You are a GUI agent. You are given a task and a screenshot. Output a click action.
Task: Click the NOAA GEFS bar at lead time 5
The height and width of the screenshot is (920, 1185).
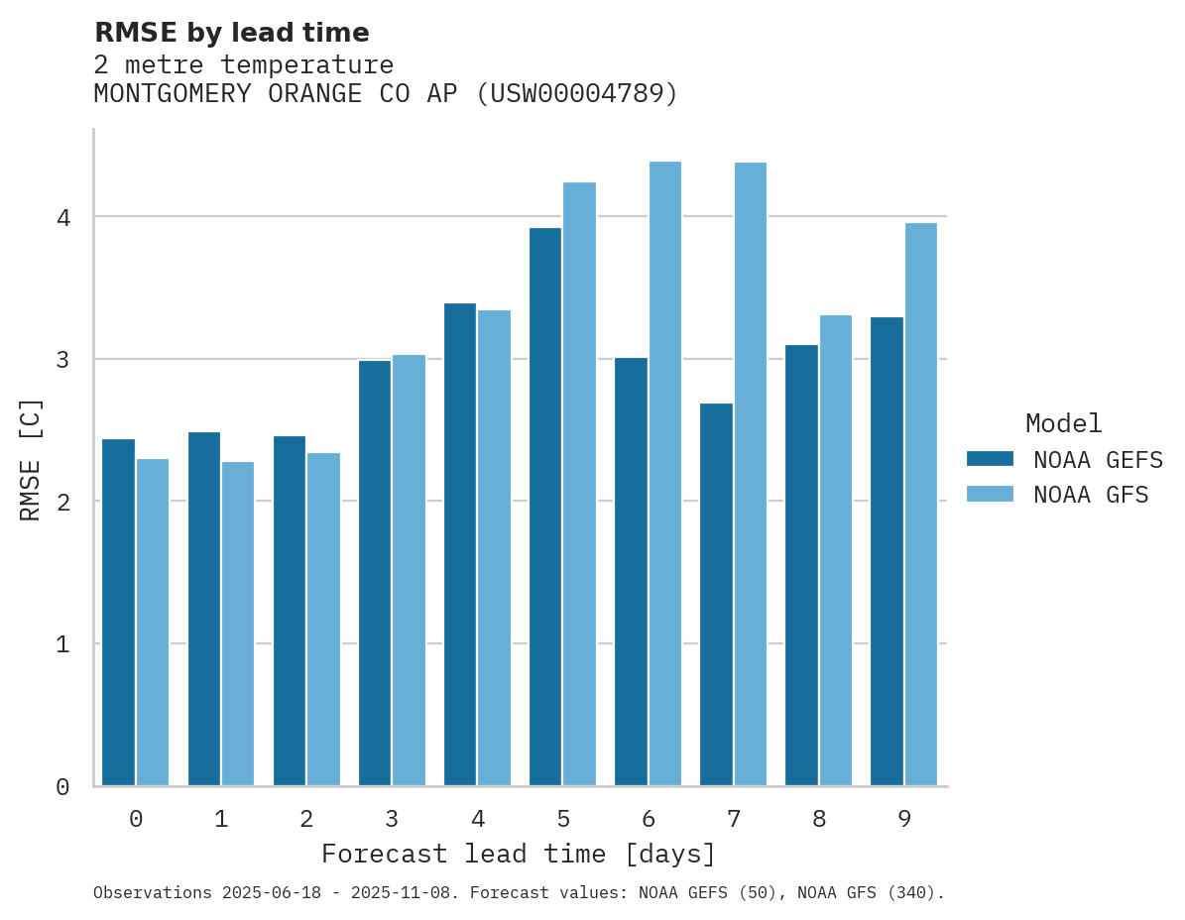tap(544, 507)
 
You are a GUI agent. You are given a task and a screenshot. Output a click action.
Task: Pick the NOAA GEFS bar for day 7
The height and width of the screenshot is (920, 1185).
tap(716, 595)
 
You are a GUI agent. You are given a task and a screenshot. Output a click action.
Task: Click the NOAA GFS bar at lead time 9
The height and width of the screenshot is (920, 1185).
tap(920, 505)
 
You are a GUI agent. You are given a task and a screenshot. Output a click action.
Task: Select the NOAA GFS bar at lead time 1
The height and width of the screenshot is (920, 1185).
tap(238, 624)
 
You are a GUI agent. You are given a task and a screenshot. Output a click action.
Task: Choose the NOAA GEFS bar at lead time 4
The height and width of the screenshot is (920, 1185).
tap(459, 544)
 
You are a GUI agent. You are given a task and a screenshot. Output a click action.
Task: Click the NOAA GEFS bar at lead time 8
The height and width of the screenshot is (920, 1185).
tap(801, 565)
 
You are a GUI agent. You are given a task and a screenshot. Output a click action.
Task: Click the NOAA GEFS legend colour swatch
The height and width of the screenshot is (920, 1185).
tap(990, 459)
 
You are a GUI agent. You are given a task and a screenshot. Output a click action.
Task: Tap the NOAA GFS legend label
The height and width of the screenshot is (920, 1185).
tap(1090, 495)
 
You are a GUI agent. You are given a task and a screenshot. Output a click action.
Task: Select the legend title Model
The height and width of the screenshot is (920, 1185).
tap(1063, 423)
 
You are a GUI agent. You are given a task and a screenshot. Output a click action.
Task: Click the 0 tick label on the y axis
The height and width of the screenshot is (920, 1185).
tap(61, 787)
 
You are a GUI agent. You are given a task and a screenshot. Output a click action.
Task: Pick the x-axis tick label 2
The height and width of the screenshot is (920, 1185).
tap(306, 819)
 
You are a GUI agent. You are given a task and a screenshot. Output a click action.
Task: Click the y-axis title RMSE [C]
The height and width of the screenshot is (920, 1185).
tap(31, 459)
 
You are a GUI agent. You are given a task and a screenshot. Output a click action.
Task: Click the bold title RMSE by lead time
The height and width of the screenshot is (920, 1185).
tap(231, 33)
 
